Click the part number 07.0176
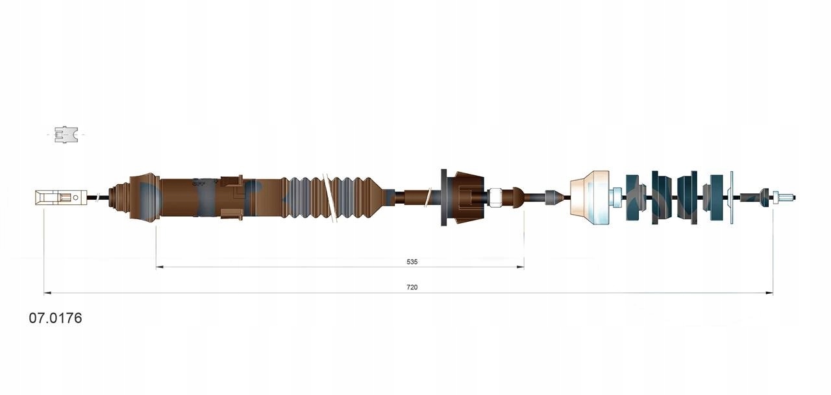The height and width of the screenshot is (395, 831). tap(55, 318)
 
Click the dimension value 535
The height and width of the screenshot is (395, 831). tap(412, 262)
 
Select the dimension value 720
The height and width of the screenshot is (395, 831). tap(412, 287)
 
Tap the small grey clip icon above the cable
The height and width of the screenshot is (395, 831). tap(66, 134)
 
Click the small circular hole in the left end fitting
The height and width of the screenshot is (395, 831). tap(76, 197)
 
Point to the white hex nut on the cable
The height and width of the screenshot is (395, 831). tap(495, 197)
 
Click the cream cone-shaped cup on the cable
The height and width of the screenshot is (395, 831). tap(590, 197)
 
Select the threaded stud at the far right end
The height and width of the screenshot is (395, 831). tap(784, 197)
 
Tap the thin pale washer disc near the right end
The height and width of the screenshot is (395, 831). tap(732, 197)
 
